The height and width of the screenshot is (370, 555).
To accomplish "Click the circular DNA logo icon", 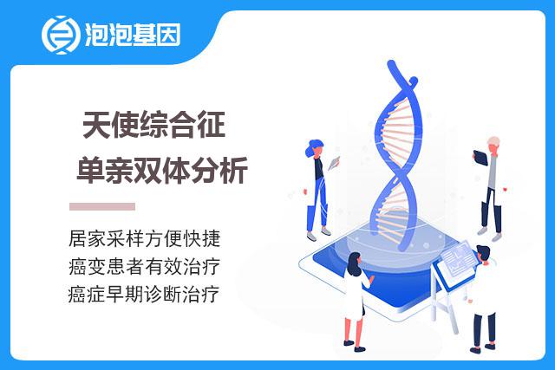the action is click(x=59, y=35).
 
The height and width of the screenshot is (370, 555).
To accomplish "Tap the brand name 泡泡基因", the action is click(x=133, y=35).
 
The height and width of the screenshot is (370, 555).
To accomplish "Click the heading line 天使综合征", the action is click(x=154, y=125).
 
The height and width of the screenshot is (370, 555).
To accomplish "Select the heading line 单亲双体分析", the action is click(x=162, y=170).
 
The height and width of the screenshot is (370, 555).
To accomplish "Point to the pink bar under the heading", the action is click(x=102, y=206).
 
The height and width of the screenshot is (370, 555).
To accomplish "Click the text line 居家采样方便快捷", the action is click(x=145, y=238).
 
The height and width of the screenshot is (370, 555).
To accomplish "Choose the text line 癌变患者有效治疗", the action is click(x=145, y=266).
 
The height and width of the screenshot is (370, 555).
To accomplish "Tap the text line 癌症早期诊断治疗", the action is click(x=144, y=295).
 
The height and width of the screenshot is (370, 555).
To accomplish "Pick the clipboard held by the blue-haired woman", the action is click(x=334, y=163).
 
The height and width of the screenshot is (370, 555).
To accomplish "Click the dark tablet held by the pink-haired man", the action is click(x=480, y=158).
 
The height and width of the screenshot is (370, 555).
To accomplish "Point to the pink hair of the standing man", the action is click(x=493, y=140).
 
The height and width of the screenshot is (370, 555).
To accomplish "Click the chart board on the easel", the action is click(x=457, y=263).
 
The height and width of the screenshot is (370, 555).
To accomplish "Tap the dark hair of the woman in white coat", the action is click(x=354, y=263).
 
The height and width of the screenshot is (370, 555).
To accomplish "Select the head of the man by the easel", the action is click(x=483, y=255).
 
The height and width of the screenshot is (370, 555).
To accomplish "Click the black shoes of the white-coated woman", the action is click(x=355, y=346).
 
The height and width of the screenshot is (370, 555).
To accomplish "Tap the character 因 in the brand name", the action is click(x=169, y=35).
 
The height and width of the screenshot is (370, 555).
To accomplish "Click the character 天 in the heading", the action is click(x=96, y=125).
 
